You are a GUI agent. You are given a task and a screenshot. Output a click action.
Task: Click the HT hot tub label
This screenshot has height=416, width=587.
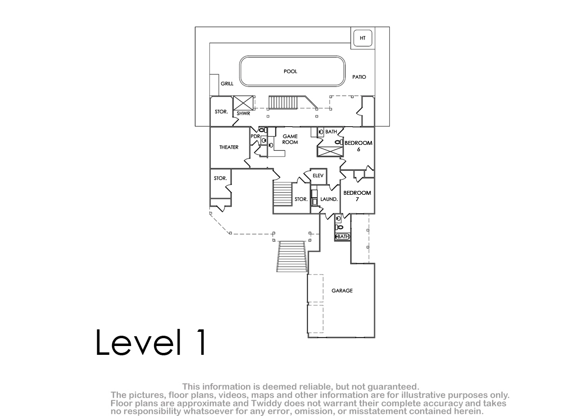pyautogui.click(x=362, y=38)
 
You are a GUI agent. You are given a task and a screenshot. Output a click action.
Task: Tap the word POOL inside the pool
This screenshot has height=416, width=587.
pyautogui.click(x=291, y=71)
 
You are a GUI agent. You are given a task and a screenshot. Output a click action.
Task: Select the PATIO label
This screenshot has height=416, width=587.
pyautogui.click(x=359, y=77)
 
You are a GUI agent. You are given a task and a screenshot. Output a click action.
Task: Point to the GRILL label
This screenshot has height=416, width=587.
pyautogui.click(x=227, y=84)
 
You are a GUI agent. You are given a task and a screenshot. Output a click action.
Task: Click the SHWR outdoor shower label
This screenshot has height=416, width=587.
pyautogui.click(x=244, y=114)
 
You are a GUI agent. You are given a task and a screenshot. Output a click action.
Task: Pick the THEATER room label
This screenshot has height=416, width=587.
pyautogui.click(x=229, y=147)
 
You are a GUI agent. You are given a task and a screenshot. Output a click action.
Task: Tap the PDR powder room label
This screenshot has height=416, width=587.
pyautogui.click(x=255, y=137)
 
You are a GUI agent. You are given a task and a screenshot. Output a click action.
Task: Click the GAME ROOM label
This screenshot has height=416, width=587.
pyautogui.click(x=290, y=139)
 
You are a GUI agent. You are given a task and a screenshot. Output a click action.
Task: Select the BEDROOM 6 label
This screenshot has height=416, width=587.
pyautogui.click(x=358, y=146)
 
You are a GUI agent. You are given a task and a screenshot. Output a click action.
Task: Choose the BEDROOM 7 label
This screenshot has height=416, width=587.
pyautogui.click(x=357, y=196)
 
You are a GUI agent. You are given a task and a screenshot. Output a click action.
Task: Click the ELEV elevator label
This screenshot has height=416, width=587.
pyautogui.click(x=318, y=176)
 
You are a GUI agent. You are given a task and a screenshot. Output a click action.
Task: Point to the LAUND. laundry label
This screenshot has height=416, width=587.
pyautogui.click(x=329, y=199)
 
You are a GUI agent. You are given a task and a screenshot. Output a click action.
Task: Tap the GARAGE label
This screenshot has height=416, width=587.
pyautogui.click(x=342, y=291)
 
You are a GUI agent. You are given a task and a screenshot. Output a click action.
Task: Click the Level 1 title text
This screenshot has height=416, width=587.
pyautogui.click(x=151, y=342)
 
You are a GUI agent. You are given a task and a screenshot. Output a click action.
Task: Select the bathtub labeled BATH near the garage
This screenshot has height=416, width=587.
pyautogui.click(x=342, y=236)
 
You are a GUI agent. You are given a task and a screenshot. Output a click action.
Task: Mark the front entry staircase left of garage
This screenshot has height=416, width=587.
pyautogui.click(x=292, y=256)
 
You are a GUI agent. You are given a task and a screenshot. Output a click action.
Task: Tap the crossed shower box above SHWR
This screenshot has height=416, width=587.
pyautogui.click(x=244, y=103)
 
